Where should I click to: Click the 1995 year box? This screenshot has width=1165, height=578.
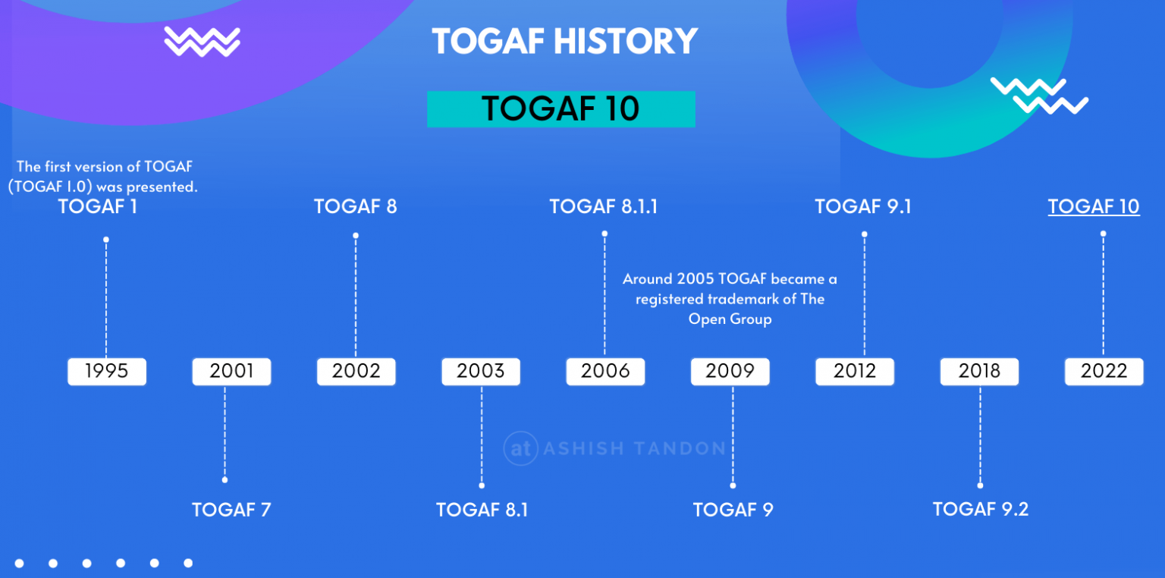click(106, 372)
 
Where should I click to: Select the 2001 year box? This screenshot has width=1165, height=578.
click(231, 372)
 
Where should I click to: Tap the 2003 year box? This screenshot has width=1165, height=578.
click(481, 372)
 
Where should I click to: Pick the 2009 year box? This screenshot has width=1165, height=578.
click(730, 372)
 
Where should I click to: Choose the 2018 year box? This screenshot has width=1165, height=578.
click(979, 372)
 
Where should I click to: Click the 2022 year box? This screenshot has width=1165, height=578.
click(1104, 372)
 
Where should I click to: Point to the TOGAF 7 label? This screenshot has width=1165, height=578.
click(231, 509)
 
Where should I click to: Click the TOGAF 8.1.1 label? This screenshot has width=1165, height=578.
click(603, 206)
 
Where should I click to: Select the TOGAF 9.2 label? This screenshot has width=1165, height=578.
click(980, 509)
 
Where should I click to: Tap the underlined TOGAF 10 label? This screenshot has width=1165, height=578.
click(1093, 206)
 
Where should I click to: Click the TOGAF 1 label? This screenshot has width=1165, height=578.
click(98, 206)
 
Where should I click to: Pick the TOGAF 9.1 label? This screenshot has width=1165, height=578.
click(863, 206)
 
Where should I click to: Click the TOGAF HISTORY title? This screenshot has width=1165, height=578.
click(564, 41)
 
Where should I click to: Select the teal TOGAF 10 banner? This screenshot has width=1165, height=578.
click(561, 108)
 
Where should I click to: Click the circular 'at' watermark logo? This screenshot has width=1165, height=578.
click(520, 448)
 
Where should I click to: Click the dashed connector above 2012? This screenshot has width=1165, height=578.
click(864, 296)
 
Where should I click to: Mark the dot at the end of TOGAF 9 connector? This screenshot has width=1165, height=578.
click(733, 485)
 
